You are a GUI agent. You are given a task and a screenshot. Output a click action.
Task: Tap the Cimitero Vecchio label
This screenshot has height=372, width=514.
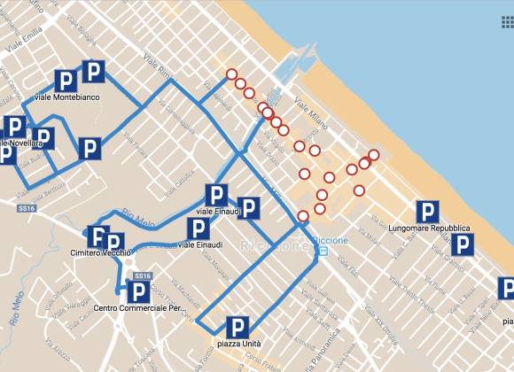pos(100,253)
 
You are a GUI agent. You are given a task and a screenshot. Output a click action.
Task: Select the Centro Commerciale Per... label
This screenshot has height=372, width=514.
pos(137,309)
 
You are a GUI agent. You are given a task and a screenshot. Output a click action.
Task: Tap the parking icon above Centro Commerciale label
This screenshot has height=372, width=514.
pos(137,291)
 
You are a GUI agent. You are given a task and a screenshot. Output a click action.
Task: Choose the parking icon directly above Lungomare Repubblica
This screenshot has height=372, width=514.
pos(429,211)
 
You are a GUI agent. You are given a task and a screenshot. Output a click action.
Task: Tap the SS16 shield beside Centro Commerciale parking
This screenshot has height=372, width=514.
pos(131,276)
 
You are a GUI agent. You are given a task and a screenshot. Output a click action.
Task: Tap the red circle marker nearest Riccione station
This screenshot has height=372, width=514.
pos(304,215)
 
